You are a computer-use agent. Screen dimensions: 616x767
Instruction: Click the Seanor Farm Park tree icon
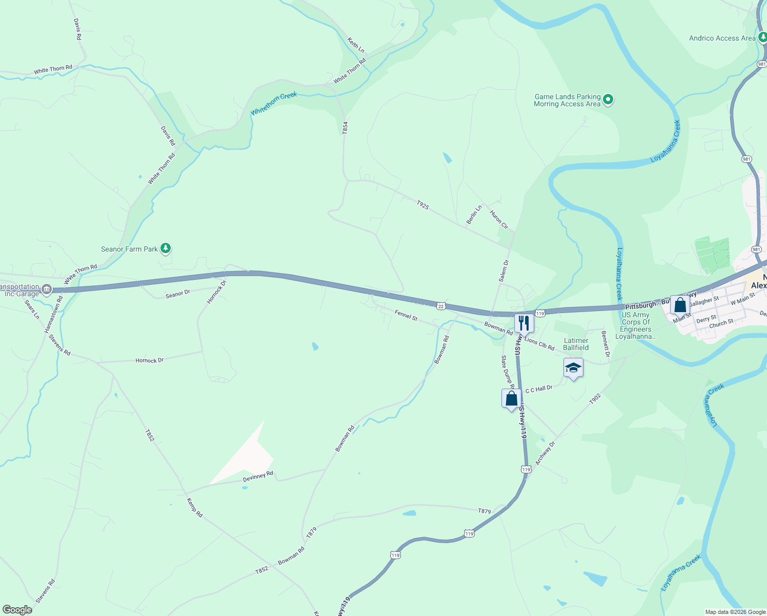(165, 248)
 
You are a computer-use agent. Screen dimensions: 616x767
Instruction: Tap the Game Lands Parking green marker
(608, 100)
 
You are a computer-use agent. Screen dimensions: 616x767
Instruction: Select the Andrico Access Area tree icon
(762, 37)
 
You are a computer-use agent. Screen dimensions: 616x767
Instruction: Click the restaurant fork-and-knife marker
(523, 323)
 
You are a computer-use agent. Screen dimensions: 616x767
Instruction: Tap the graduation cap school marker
(573, 368)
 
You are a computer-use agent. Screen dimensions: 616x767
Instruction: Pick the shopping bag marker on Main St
(680, 305)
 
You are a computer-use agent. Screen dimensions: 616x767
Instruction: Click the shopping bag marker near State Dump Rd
(511, 398)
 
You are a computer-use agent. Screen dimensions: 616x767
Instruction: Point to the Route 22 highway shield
(441, 306)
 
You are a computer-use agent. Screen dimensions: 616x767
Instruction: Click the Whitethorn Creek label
(274, 103)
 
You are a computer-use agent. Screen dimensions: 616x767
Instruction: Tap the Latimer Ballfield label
(576, 344)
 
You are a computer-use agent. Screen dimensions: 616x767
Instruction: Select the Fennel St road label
(406, 315)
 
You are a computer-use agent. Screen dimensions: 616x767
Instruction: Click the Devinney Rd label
(258, 476)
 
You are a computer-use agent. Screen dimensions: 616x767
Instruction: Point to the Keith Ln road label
(356, 45)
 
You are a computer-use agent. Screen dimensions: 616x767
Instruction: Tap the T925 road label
(422, 205)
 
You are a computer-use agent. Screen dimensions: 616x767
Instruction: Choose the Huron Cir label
(499, 220)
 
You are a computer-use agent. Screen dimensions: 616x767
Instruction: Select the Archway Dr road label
(545, 453)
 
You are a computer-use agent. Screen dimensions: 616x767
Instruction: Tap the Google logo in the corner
(17, 610)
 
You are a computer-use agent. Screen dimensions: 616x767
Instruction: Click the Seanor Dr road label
(178, 294)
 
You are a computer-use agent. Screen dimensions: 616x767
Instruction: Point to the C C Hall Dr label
(539, 389)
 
